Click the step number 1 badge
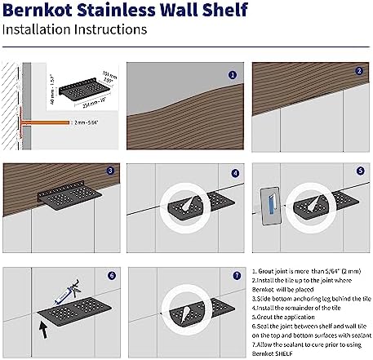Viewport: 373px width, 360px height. pos(233,74)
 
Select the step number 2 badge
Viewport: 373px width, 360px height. pos(357,72)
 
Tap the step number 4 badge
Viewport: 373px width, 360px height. pos(234,173)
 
